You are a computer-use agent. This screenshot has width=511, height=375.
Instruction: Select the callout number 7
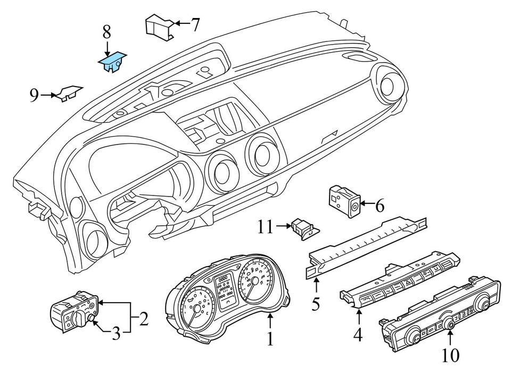click(195, 24)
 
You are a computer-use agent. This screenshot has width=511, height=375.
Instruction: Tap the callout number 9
click(35, 96)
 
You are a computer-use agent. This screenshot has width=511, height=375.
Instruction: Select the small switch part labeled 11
click(305, 229)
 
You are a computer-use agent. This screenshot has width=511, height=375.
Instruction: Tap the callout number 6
click(380, 206)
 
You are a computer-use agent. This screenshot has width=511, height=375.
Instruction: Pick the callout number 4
click(358, 335)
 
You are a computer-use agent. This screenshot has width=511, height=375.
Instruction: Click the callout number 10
click(450, 355)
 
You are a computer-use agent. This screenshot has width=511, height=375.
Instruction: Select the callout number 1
click(270, 338)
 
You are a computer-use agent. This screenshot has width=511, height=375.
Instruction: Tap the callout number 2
click(144, 319)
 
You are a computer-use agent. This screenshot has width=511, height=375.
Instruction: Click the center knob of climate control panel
click(450, 323)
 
